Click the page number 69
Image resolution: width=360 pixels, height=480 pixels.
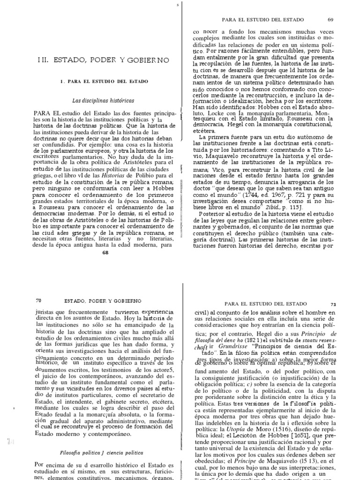coord(330,20)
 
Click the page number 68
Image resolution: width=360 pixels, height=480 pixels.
coord(105,253)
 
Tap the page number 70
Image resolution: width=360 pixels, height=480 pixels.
coord(38,300)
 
